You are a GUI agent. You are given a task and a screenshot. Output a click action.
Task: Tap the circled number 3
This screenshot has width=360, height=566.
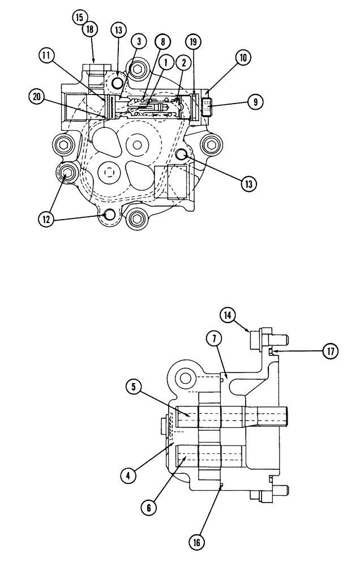click(138, 41)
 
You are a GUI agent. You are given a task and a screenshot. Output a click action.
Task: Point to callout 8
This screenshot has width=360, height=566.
click(162, 41)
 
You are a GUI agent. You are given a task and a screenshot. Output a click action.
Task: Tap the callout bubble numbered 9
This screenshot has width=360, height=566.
click(256, 102)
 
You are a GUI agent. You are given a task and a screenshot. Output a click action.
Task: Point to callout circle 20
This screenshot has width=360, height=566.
click(37, 97)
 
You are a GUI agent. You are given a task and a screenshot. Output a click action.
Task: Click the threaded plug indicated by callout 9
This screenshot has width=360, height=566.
click(207, 105)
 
